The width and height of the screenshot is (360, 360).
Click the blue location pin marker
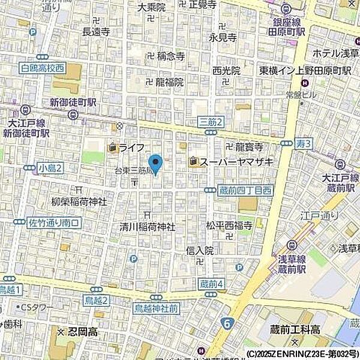[156, 163]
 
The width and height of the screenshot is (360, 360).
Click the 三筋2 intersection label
[211, 122]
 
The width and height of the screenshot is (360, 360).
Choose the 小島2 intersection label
[50, 167]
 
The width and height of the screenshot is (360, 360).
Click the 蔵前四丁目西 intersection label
[244, 190]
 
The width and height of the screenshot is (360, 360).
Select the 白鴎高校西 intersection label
[42, 68]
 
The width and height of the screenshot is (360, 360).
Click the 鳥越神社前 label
[156, 308]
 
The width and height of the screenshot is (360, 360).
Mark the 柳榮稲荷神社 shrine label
[79, 202]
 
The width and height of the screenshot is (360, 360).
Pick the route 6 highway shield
[227, 323]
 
